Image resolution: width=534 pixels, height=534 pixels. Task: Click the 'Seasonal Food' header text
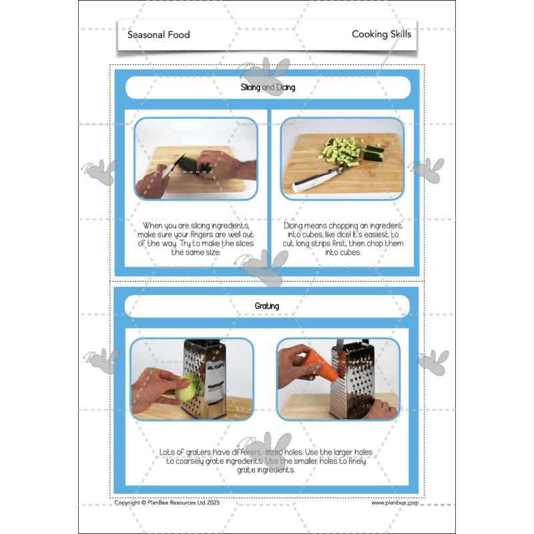(158, 35)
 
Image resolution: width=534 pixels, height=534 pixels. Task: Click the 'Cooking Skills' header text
(381, 34)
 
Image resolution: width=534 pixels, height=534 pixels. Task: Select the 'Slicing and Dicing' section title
(268, 87)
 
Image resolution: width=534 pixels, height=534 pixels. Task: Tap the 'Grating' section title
(267, 306)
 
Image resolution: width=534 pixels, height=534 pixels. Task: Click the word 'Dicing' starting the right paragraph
(296, 226)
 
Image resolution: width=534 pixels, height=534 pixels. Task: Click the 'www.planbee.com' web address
(394, 503)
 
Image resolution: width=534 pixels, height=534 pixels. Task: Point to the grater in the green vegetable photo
(206, 377)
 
